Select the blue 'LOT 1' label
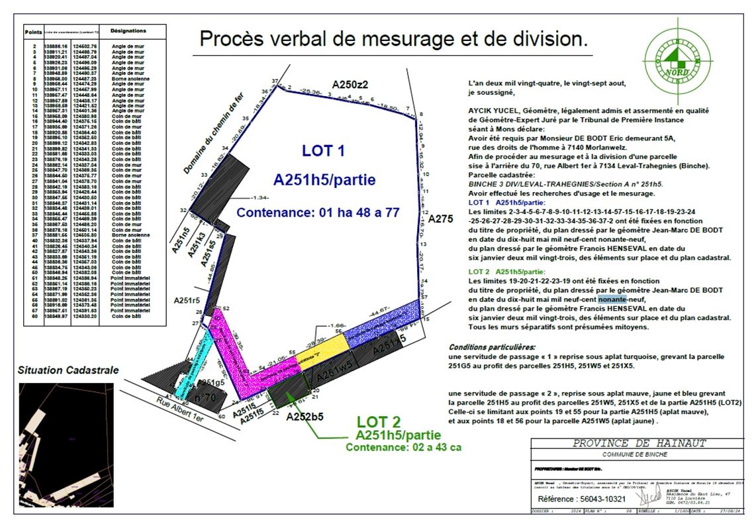(x=323, y=151)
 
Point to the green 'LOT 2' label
(x=378, y=422)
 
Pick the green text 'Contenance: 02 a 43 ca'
(x=403, y=447)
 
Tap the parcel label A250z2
(x=350, y=85)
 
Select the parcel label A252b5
(x=305, y=417)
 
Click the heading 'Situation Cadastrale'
(x=68, y=370)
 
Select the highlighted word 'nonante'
(x=612, y=299)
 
